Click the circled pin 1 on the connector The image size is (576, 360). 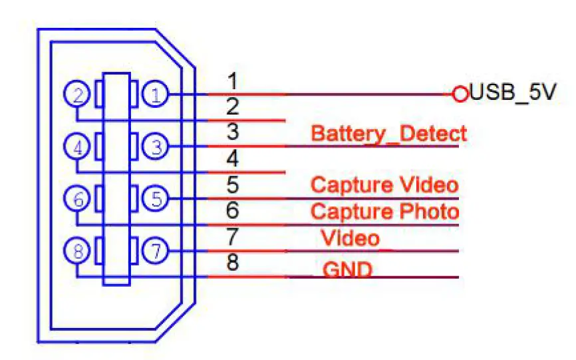pyautogui.click(x=156, y=94)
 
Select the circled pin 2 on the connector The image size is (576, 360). pyautogui.click(x=78, y=94)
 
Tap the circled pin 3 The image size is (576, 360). pyautogui.click(x=156, y=146)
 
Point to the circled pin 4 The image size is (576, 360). pyautogui.click(x=78, y=146)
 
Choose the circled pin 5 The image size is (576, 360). pyautogui.click(x=156, y=198)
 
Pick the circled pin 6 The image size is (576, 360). pyautogui.click(x=78, y=198)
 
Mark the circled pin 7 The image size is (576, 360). pyautogui.click(x=156, y=251)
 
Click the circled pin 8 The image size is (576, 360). pyautogui.click(x=78, y=251)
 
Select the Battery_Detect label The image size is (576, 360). pyautogui.click(x=388, y=133)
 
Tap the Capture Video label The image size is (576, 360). pyautogui.click(x=384, y=184)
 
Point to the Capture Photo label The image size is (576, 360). pyautogui.click(x=384, y=212)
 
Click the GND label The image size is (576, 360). pyautogui.click(x=347, y=270)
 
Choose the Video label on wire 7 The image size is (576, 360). pyautogui.click(x=351, y=238)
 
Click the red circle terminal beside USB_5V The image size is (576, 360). pyautogui.click(x=460, y=94)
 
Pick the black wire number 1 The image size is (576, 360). pyautogui.click(x=232, y=81)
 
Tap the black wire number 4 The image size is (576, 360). pyautogui.click(x=232, y=159)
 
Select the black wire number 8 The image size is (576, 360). pyautogui.click(x=232, y=263)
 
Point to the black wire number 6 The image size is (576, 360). pyautogui.click(x=232, y=211)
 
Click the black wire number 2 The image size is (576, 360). pyautogui.click(x=232, y=106)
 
